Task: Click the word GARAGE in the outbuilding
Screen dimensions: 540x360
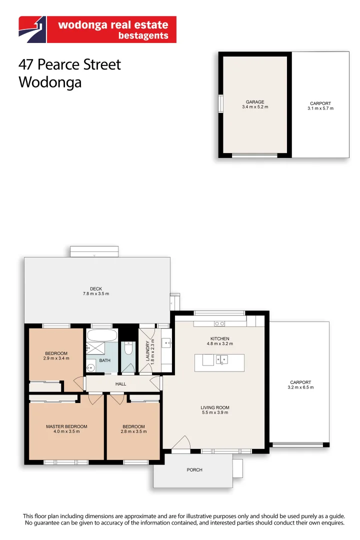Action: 254,102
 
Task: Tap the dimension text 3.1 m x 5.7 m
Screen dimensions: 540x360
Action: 320,108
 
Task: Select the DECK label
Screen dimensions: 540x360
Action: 96,288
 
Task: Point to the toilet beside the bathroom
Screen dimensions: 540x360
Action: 128,348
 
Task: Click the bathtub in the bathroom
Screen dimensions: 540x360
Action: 102,334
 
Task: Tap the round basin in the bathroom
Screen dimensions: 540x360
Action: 90,368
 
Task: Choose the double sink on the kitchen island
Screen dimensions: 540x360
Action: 222,359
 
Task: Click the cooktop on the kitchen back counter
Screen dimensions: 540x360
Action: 219,323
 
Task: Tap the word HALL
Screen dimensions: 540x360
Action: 120,384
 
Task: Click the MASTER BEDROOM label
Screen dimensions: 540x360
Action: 66,426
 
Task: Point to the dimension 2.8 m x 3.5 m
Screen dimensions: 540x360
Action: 133,431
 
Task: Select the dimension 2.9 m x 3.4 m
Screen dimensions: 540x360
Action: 56,358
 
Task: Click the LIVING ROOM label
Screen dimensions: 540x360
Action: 215,407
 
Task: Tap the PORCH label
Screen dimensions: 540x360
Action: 194,469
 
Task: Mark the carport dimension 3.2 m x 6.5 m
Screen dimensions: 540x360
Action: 300,387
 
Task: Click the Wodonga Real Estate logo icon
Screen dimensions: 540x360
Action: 32,29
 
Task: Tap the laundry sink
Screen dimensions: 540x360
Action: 166,343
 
